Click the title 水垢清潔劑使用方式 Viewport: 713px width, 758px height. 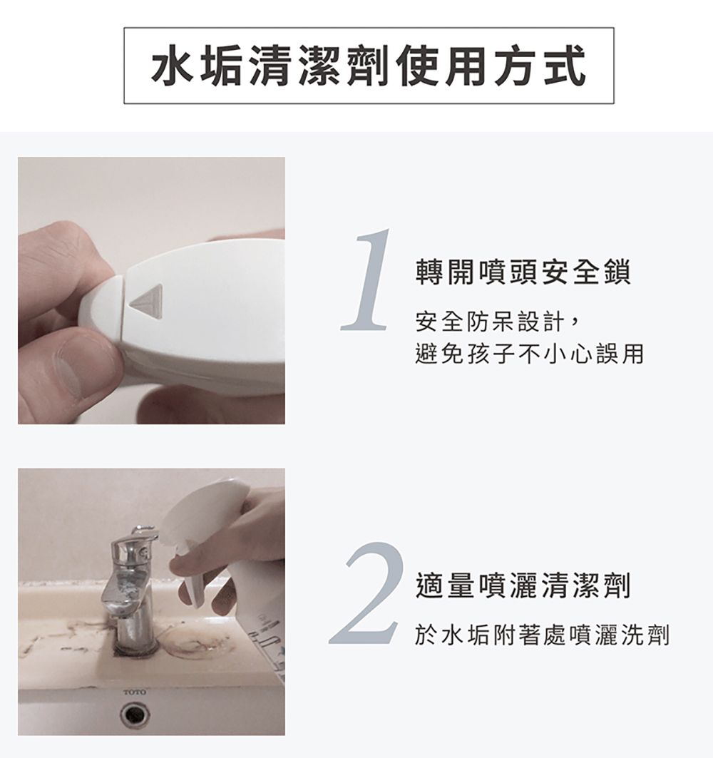(x=369, y=66)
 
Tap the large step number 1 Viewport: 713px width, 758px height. (x=369, y=280)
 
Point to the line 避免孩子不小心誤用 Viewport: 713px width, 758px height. (x=528, y=354)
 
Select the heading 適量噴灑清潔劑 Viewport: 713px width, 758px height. (x=523, y=586)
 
